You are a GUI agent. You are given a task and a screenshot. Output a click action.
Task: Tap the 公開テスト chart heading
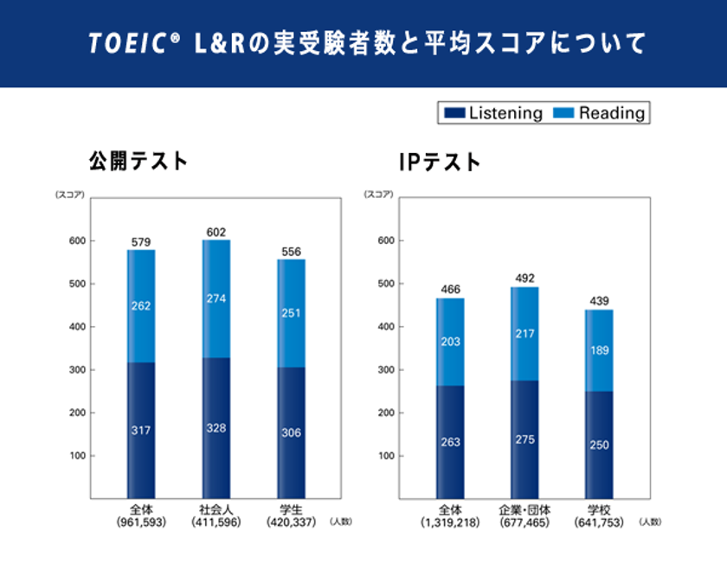(138, 160)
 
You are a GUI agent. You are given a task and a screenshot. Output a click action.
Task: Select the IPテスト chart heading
(440, 161)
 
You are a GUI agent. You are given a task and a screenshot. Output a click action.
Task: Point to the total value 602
(216, 232)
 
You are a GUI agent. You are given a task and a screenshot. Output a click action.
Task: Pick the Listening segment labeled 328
(216, 428)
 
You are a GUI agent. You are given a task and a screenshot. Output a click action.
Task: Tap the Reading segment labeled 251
(291, 312)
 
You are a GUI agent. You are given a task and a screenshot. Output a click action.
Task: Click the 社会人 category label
(216, 510)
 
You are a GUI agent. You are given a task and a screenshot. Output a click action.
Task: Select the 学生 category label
(291, 510)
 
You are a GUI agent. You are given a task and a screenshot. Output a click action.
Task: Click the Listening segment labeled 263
(449, 442)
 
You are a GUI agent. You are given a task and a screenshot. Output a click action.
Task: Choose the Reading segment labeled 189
(598, 349)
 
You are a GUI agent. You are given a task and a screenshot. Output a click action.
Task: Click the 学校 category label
(598, 510)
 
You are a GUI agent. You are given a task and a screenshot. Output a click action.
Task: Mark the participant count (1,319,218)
(449, 522)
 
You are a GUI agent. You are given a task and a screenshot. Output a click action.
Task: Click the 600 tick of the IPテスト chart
(386, 240)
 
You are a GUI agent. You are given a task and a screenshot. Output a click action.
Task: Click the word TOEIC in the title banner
(126, 44)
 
